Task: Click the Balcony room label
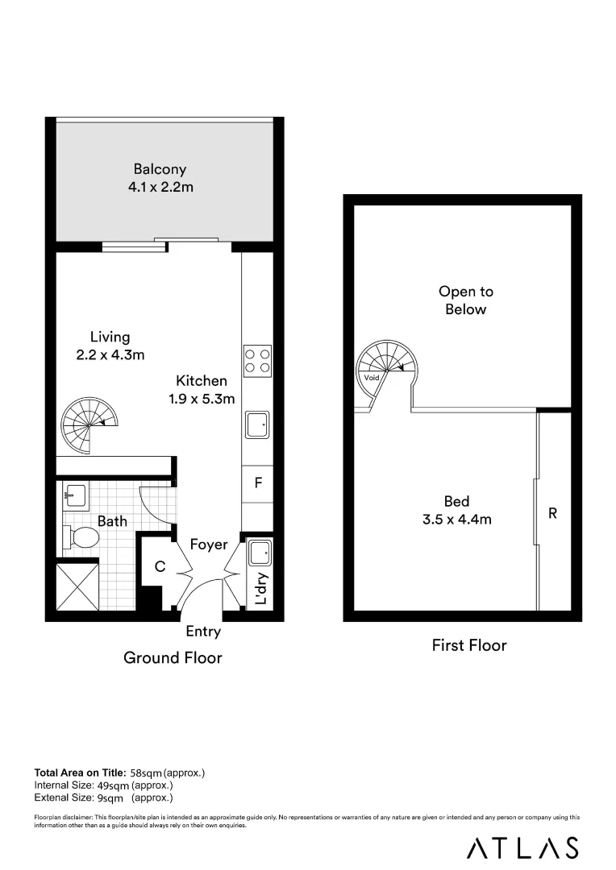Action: [160, 170]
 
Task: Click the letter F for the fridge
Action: [258, 483]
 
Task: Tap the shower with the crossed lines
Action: [77, 589]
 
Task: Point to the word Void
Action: [372, 378]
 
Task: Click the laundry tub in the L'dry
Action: [260, 553]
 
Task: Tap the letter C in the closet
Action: [160, 567]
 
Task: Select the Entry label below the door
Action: [203, 632]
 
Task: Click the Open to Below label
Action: [465, 300]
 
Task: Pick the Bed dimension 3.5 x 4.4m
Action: [456, 520]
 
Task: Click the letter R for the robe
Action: [553, 512]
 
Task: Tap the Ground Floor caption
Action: [173, 657]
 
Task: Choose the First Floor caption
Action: [468, 645]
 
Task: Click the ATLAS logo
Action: [522, 847]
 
